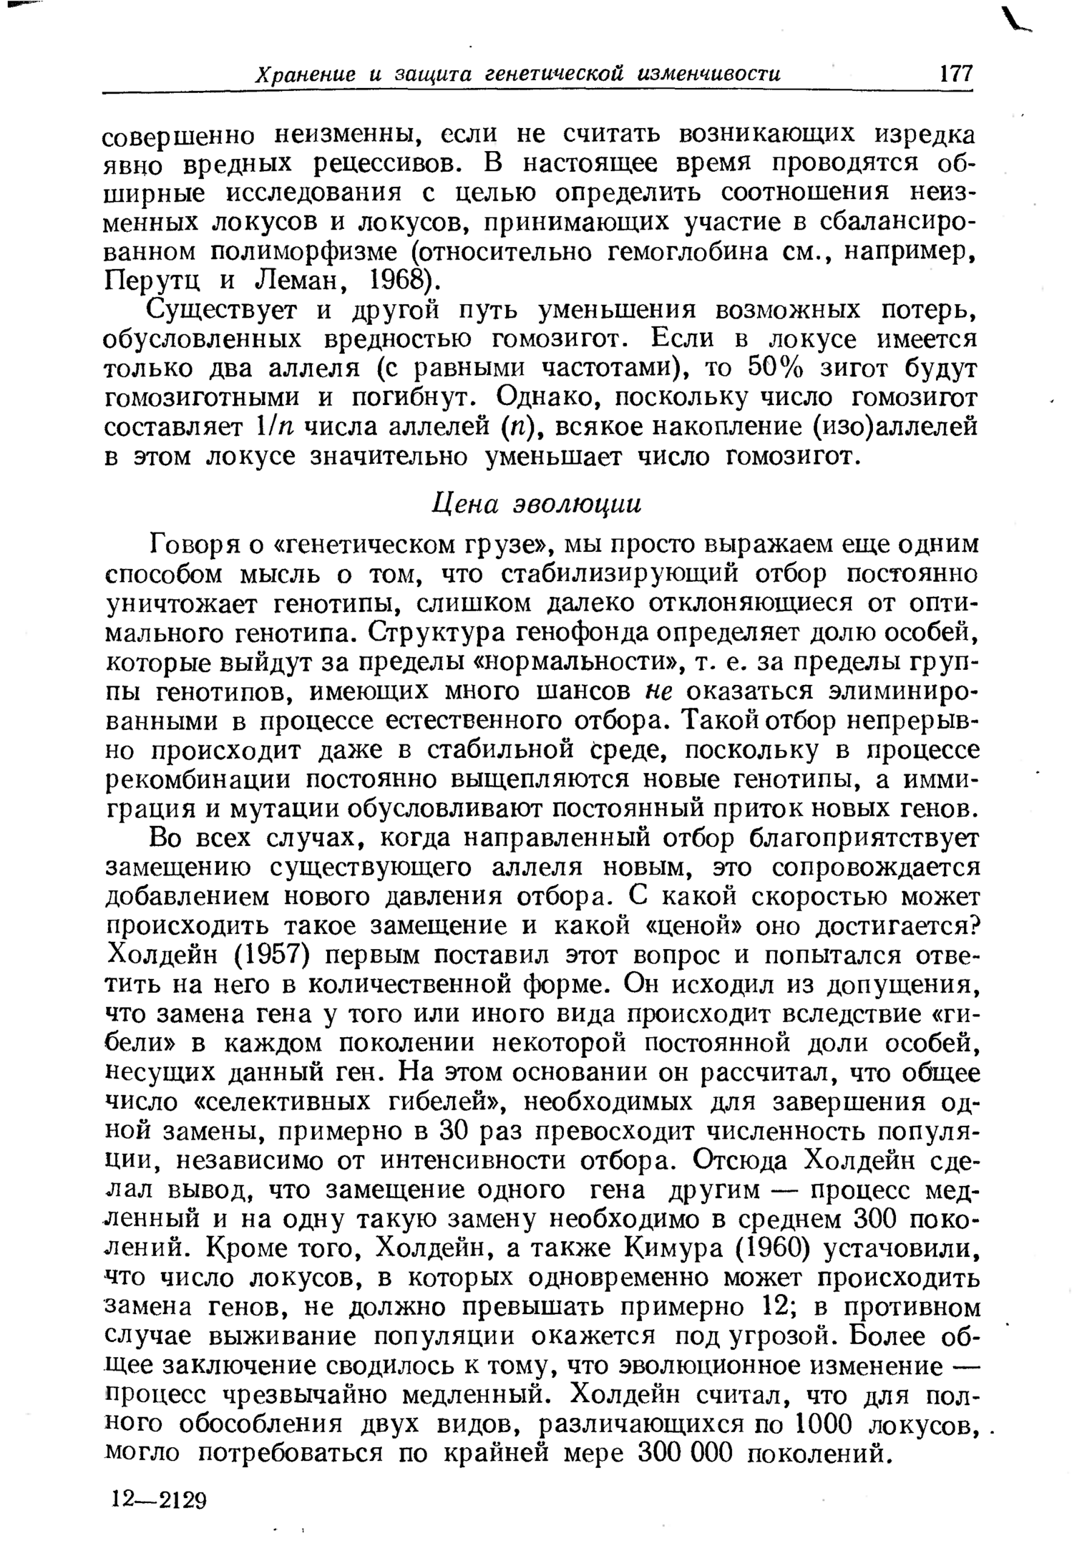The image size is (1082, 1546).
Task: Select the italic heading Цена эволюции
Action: click(537, 503)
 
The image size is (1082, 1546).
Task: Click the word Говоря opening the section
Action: click(187, 545)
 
